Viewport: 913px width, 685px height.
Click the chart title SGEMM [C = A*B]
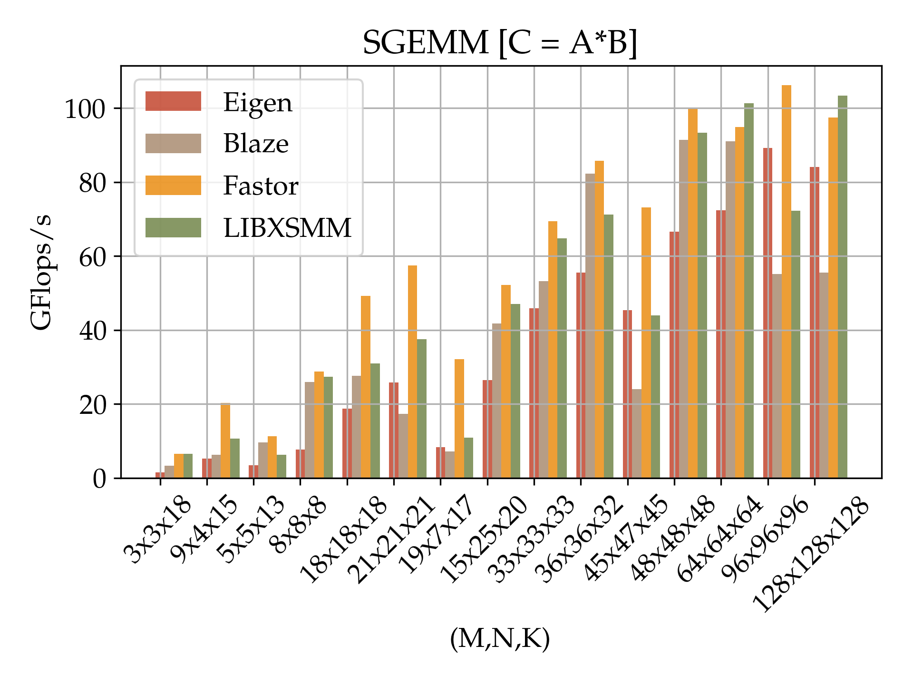click(x=500, y=43)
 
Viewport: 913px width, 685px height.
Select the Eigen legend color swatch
click(x=173, y=101)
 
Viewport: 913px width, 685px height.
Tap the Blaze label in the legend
click(x=256, y=143)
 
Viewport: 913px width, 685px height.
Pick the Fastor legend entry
click(x=261, y=186)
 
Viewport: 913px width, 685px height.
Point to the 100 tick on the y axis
click(x=85, y=109)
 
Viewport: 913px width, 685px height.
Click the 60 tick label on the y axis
click(x=92, y=257)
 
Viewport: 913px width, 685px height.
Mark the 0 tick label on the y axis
click(x=99, y=479)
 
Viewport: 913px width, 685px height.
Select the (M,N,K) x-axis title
click(x=500, y=638)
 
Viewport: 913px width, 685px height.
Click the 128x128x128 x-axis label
click(x=811, y=555)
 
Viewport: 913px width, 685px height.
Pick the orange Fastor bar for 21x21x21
click(x=412, y=372)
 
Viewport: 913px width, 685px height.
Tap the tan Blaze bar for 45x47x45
click(x=637, y=433)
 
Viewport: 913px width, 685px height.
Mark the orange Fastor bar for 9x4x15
click(x=225, y=440)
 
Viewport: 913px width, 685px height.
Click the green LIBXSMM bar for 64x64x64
click(x=749, y=291)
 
